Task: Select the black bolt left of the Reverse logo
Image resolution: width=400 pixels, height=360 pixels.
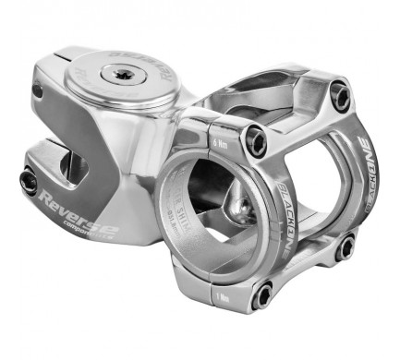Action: (29, 182)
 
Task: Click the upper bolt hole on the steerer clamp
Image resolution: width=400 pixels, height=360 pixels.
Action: (38, 90)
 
